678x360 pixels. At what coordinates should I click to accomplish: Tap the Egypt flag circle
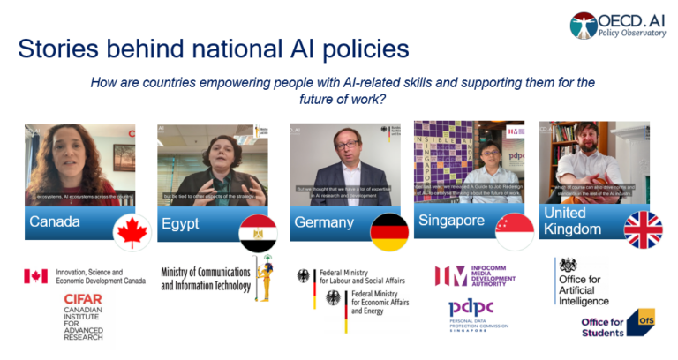tap(258, 232)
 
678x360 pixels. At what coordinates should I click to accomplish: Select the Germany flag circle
tap(389, 232)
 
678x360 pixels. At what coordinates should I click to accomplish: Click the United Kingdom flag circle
tap(643, 229)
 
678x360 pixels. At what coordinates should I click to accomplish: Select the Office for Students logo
tap(617, 324)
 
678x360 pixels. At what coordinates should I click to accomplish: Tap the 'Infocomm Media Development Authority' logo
tap(477, 275)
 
